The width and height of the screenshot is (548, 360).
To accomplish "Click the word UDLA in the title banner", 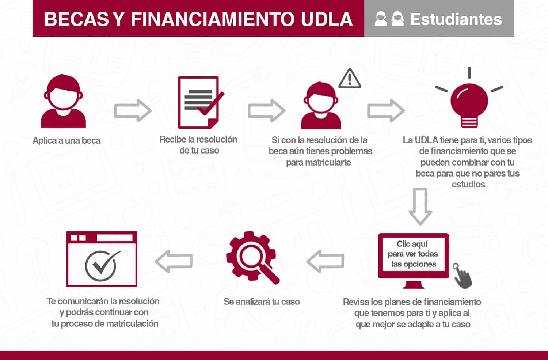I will pyautogui.click(x=327, y=19).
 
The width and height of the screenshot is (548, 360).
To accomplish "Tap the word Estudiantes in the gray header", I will pyautogui.click(x=456, y=19).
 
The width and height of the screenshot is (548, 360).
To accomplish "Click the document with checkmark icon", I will pyautogui.click(x=199, y=102).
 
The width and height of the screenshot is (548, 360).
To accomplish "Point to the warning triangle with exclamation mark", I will pyautogui.click(x=350, y=79).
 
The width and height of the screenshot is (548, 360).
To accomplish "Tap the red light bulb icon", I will pyautogui.click(x=469, y=102).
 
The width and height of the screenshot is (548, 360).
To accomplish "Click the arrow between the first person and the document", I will pyautogui.click(x=133, y=110).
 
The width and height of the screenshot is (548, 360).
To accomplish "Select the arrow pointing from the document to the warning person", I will pyautogui.click(x=266, y=110).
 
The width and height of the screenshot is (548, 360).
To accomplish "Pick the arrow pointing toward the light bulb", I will pyautogui.click(x=386, y=110).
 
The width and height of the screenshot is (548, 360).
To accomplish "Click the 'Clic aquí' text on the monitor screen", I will pyautogui.click(x=412, y=244).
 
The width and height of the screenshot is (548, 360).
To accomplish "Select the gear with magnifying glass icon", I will pyautogui.click(x=252, y=258).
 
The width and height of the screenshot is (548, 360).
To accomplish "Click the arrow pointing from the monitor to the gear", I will pyautogui.click(x=325, y=261).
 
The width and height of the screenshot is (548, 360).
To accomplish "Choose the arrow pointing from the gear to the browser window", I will pyautogui.click(x=174, y=261).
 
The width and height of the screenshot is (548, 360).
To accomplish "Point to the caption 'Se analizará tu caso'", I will pyautogui.click(x=262, y=302).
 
